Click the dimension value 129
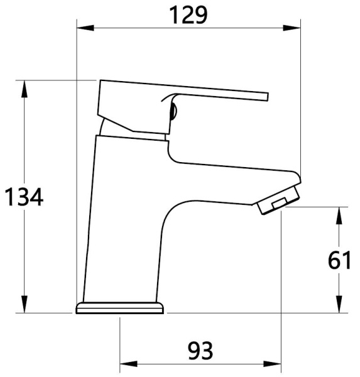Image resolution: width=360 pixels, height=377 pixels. point(187,14)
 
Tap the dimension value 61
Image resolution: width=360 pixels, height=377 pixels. point(339,259)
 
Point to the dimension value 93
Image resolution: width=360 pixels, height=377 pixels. point(200,349)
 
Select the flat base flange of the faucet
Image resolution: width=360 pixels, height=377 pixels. point(120,308)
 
